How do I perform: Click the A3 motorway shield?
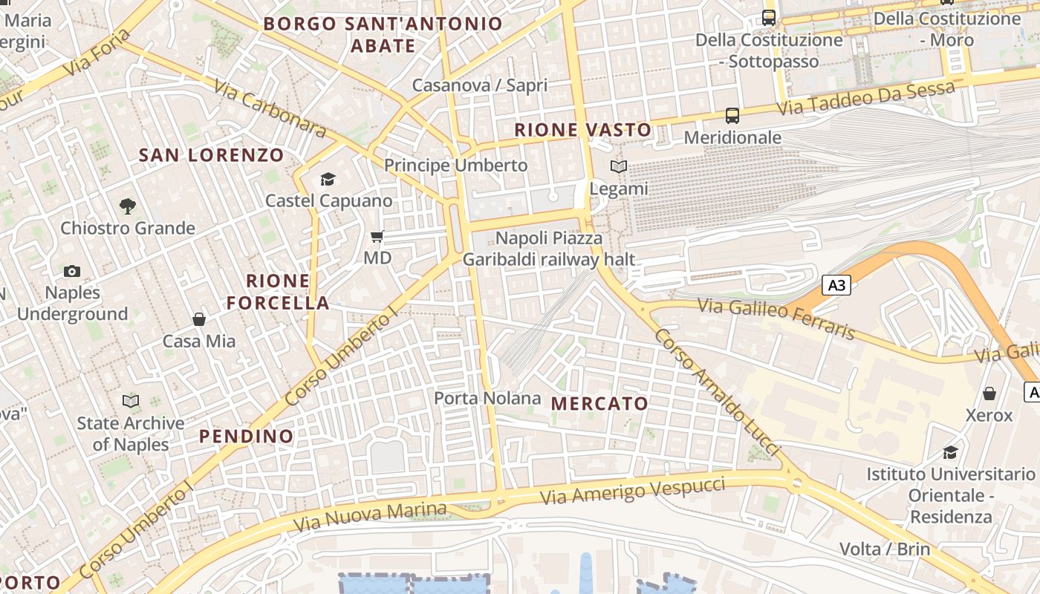(x=836, y=285)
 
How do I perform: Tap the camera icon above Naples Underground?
(x=72, y=271)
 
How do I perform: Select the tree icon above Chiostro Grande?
(x=128, y=206)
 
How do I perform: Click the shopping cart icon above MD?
(x=377, y=237)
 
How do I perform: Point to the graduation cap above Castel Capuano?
(x=328, y=179)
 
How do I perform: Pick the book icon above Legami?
(x=619, y=167)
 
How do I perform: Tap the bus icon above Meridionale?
(x=732, y=115)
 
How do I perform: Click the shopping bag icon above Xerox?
(x=989, y=393)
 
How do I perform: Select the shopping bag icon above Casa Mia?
(x=199, y=319)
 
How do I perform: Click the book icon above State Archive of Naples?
(x=131, y=401)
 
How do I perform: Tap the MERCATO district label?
(x=600, y=404)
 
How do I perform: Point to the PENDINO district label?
(x=247, y=436)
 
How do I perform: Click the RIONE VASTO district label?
(x=583, y=130)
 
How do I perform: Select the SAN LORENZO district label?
(x=212, y=155)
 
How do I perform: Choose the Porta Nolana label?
(x=487, y=398)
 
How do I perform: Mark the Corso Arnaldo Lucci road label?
(x=717, y=392)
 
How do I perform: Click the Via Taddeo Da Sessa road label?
(x=866, y=98)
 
